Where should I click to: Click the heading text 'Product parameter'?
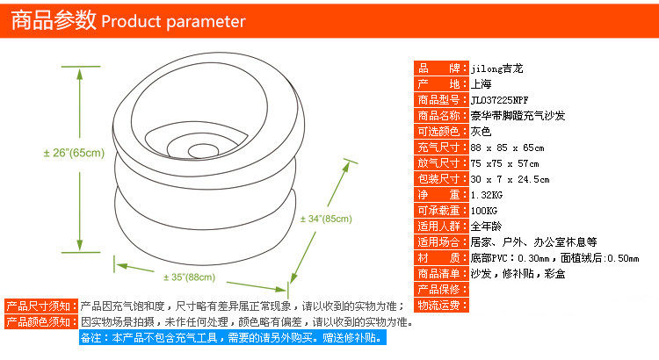[x=174, y=21]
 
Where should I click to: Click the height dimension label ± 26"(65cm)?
[x=74, y=153]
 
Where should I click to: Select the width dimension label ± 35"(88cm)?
[x=189, y=277]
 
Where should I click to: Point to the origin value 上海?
[x=481, y=84]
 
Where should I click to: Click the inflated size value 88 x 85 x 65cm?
[x=508, y=148]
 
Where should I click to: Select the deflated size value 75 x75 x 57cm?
[x=505, y=163]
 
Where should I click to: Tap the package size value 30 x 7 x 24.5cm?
[x=511, y=179]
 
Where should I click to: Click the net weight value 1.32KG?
[x=488, y=195]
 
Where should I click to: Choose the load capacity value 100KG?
[x=484, y=211]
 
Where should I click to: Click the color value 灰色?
[x=481, y=132]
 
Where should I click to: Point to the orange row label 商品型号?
[x=441, y=100]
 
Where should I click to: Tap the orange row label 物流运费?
[x=441, y=306]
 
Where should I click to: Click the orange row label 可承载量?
[x=441, y=211]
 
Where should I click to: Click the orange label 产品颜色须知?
[x=41, y=322]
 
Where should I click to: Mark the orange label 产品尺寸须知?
[x=41, y=306]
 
